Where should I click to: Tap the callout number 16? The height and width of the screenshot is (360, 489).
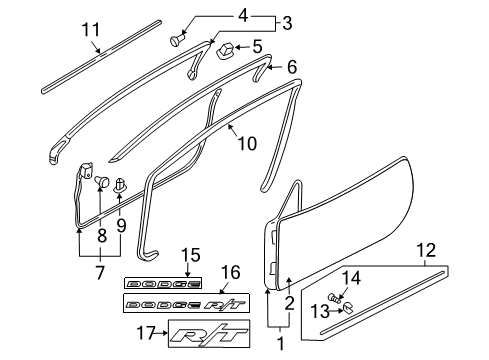click(230, 272)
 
